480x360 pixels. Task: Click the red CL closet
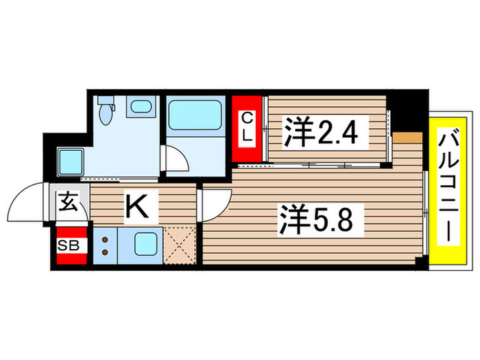click(x=248, y=128)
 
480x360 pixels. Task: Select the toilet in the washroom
click(x=106, y=111)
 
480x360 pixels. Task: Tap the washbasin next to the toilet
click(x=142, y=106)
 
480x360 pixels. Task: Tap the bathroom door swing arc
click(x=173, y=159)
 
